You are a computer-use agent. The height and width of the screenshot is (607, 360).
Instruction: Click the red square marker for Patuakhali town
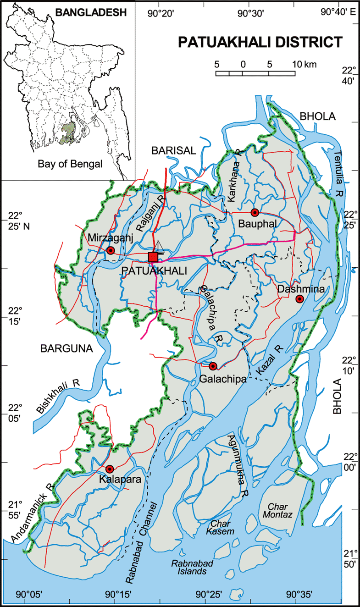tap(153, 257)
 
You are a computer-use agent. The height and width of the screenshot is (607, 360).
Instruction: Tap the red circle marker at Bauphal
tap(255, 212)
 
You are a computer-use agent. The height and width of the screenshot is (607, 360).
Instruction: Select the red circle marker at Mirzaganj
tap(111, 250)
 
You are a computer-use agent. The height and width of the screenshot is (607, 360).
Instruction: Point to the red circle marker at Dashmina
tap(299, 299)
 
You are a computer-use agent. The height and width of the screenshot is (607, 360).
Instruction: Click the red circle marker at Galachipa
tap(213, 366)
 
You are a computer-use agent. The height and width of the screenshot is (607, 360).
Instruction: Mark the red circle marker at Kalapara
tap(110, 469)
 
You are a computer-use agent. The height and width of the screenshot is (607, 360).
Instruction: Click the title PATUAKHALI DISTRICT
tap(260, 42)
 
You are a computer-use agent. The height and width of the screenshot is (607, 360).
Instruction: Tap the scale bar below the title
tap(255, 73)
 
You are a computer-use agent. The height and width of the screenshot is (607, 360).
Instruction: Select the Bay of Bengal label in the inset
tap(70, 164)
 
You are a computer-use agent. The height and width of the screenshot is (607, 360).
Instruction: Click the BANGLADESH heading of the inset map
tap(91, 13)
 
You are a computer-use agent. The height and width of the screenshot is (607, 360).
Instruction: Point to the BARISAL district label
tap(174, 150)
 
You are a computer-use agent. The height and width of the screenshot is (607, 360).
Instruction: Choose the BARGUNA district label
tap(66, 349)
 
